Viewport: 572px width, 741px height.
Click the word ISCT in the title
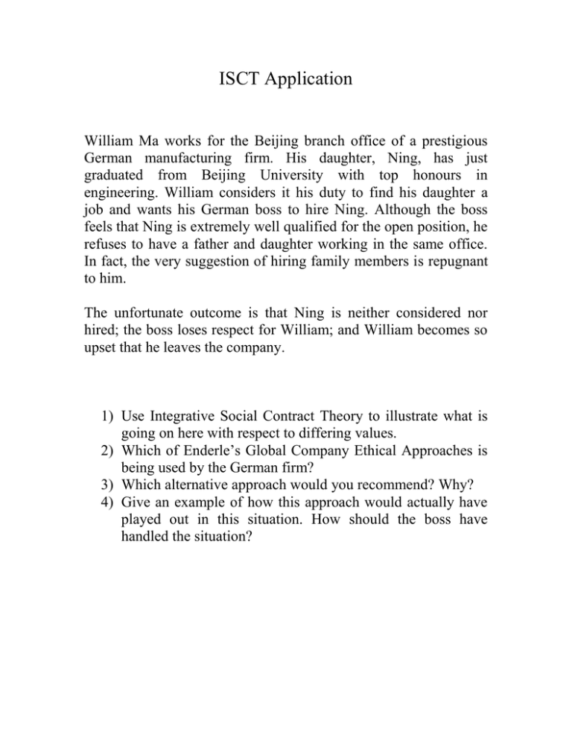coord(226,78)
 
